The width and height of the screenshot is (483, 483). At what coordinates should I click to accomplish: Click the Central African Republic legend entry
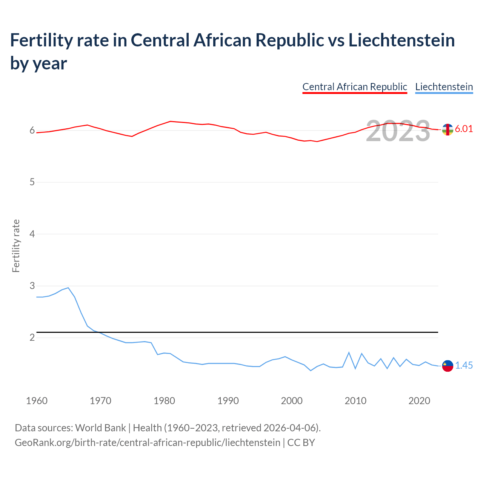(355, 87)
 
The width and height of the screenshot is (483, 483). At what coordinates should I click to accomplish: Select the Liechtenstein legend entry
(444, 87)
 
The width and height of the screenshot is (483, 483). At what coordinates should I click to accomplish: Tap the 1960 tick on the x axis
(37, 401)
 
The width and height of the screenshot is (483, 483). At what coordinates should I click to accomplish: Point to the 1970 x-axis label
(100, 401)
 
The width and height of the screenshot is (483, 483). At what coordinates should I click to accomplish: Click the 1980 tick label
(164, 401)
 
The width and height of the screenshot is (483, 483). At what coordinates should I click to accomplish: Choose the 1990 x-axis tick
(228, 401)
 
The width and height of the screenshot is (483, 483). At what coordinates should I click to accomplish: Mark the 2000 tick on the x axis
(292, 401)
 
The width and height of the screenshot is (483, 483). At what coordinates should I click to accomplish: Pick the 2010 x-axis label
(355, 401)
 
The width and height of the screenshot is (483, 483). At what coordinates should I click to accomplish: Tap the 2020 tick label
(419, 401)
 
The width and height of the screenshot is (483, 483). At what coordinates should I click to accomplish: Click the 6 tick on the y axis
(32, 131)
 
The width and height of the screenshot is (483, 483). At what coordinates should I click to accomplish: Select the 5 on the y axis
(32, 182)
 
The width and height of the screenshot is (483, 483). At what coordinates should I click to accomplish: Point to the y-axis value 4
(32, 234)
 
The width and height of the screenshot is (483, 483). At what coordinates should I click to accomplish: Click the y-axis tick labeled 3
(32, 286)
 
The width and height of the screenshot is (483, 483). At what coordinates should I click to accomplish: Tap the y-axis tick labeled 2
(32, 337)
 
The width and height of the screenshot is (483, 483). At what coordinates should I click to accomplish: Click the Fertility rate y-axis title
(16, 246)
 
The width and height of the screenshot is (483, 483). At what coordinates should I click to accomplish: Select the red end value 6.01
(464, 129)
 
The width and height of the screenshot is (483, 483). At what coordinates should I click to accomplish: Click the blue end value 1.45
(464, 365)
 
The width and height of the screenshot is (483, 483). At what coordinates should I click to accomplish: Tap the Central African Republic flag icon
(448, 129)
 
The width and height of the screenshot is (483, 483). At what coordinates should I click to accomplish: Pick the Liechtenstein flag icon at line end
(448, 366)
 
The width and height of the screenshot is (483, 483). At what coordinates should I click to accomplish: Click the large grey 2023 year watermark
(398, 131)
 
